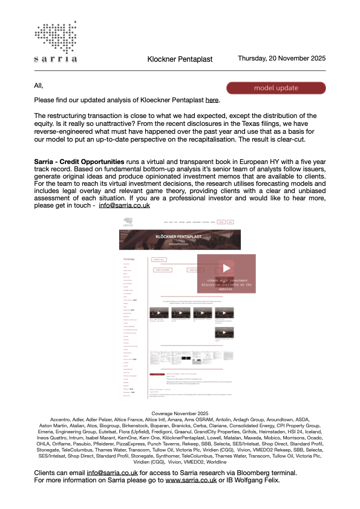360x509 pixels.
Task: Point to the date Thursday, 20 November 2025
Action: pyautogui.click(x=281, y=59)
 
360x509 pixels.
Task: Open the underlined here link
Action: pyautogui.click(x=212, y=100)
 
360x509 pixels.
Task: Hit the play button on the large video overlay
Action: pyautogui.click(x=226, y=268)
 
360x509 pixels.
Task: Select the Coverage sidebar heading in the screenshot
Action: pyautogui.click(x=133, y=259)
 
